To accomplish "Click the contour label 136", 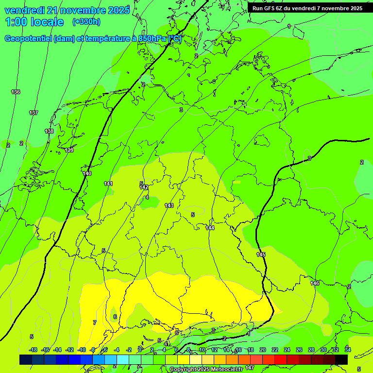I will click(x=16, y=92).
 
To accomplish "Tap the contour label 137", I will click(x=33, y=113).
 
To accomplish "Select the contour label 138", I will click(x=49, y=131).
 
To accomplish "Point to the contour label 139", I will click(x=69, y=150).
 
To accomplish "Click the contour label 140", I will click(x=87, y=173).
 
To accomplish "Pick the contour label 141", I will click(x=108, y=184).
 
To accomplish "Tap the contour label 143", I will click(x=169, y=205).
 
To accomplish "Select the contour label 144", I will click(x=210, y=228).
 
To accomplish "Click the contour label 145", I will click(x=261, y=254).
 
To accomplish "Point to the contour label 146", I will click(x=315, y=283).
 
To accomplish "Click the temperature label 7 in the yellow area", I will click(x=95, y=322).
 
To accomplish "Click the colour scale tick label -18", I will click(x=33, y=350).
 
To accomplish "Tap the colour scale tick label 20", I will click(x=262, y=350).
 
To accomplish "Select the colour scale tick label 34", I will click(x=348, y=350).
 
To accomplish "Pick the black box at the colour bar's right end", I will click(x=341, y=359).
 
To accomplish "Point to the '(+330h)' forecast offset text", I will click(x=86, y=22).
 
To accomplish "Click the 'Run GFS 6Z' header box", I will click(x=307, y=8).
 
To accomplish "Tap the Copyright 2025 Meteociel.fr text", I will click(x=208, y=369).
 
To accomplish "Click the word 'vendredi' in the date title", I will click(x=25, y=10).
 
